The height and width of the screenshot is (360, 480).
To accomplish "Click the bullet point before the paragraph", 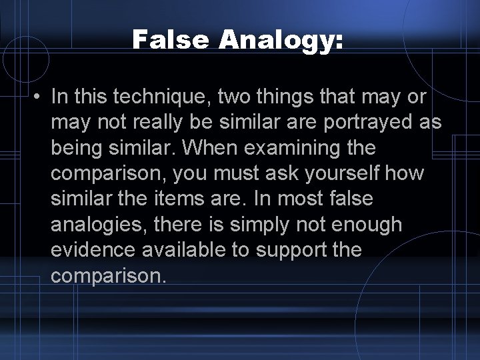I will coord(39,98).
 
